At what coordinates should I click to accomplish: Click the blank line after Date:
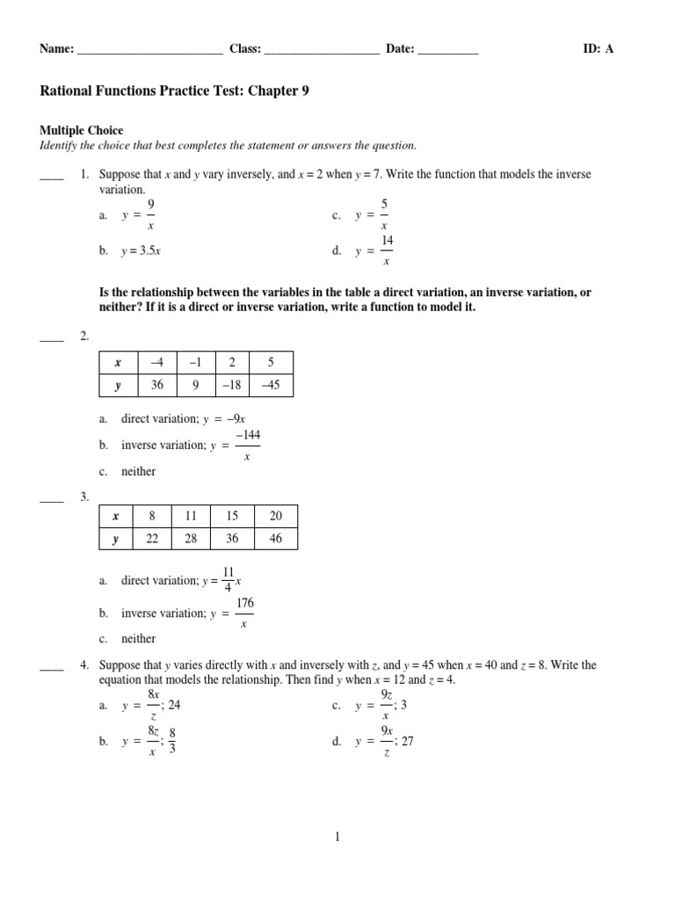point(447,50)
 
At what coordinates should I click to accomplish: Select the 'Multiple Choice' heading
point(82,131)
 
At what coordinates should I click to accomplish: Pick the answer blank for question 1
point(52,175)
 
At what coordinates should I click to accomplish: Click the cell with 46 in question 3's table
point(275,539)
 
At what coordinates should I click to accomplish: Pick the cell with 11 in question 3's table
point(191,516)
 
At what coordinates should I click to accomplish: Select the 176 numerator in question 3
point(245,602)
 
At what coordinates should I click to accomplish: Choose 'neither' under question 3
point(139,638)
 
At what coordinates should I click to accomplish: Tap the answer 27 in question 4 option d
point(406,741)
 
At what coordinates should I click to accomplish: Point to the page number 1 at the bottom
point(337,838)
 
